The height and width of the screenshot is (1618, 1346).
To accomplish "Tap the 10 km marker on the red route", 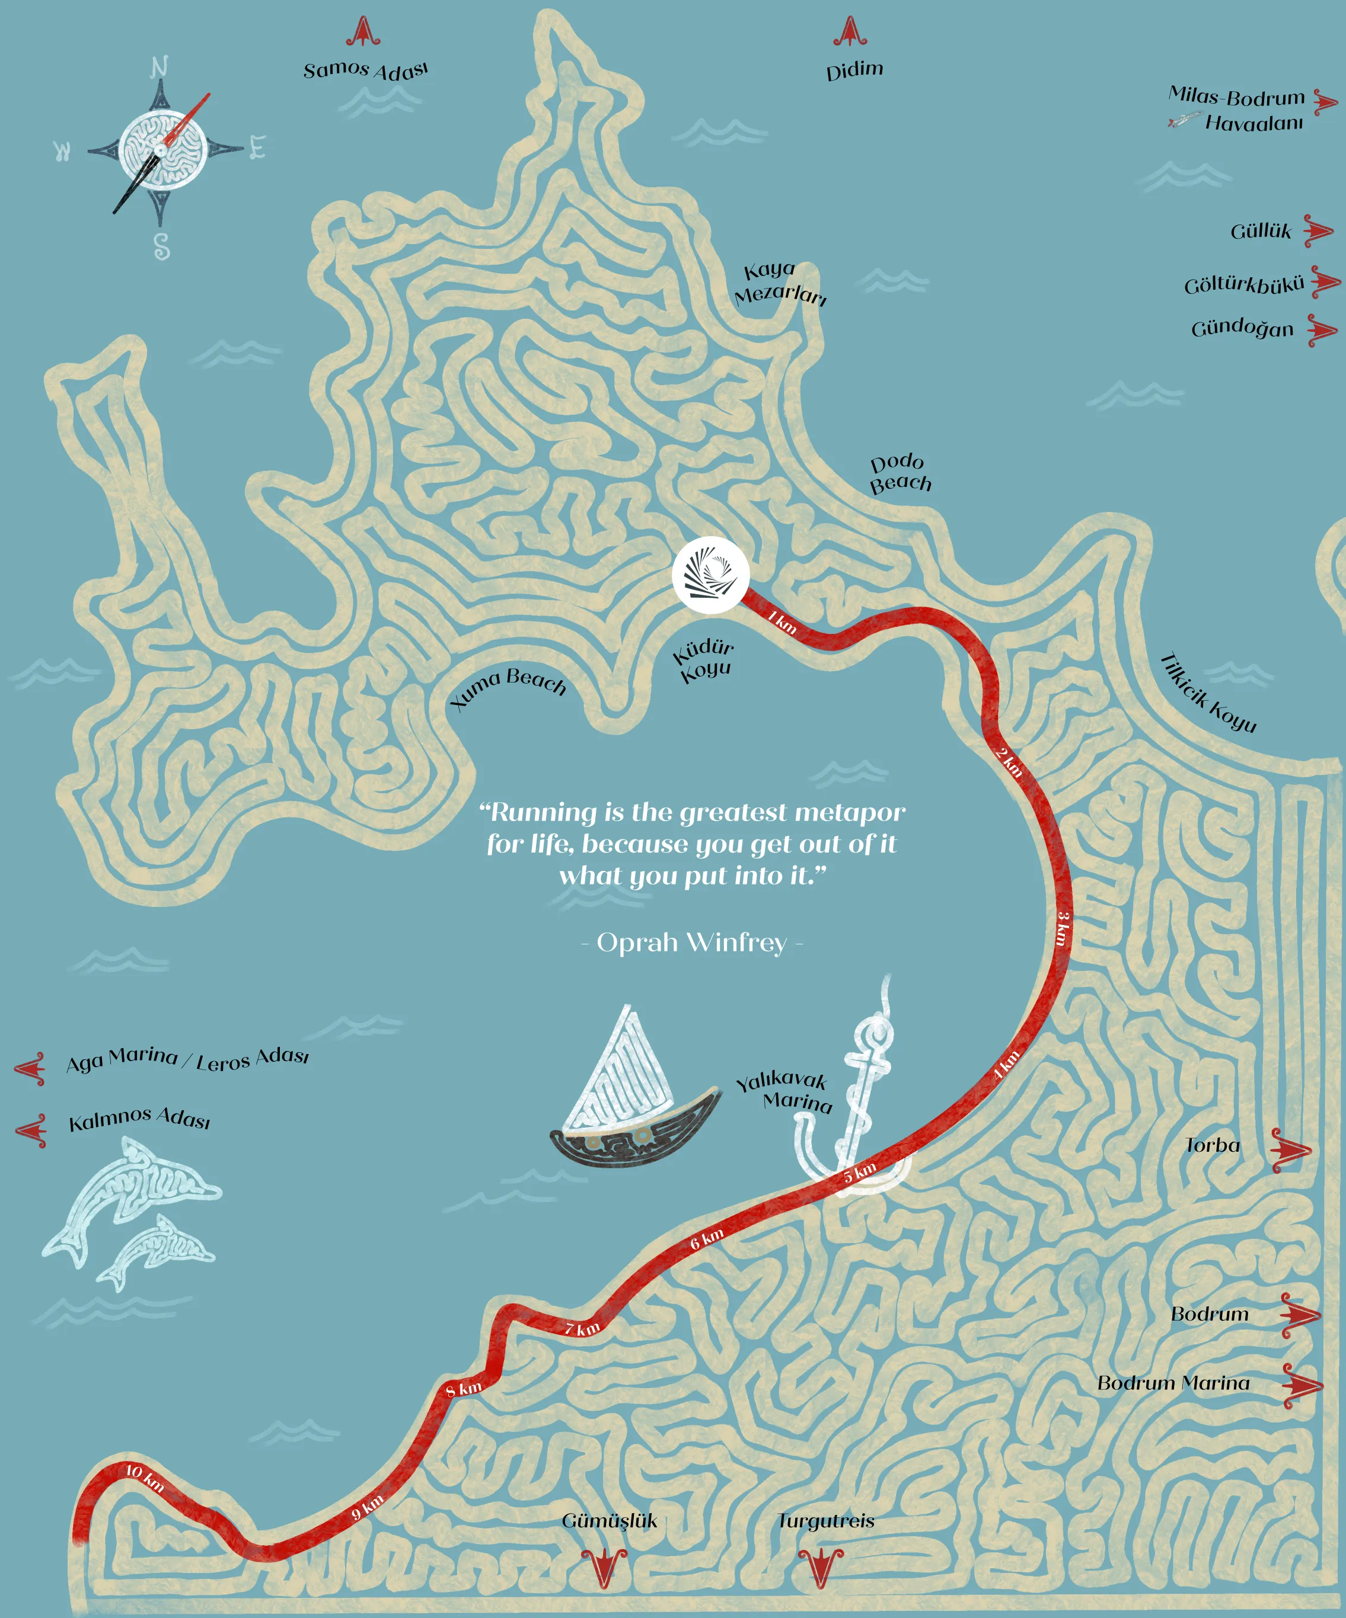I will [x=144, y=1477].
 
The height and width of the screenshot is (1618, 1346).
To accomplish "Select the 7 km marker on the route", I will [x=582, y=1328].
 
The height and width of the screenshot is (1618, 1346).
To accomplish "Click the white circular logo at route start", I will [x=710, y=575].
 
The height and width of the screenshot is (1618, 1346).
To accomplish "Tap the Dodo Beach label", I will [x=900, y=473].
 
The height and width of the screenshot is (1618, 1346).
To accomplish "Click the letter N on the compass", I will [x=159, y=68].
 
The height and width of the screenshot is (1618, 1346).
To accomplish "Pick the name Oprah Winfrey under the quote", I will [x=691, y=942].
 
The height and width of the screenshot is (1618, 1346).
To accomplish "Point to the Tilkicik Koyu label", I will [x=1207, y=692].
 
